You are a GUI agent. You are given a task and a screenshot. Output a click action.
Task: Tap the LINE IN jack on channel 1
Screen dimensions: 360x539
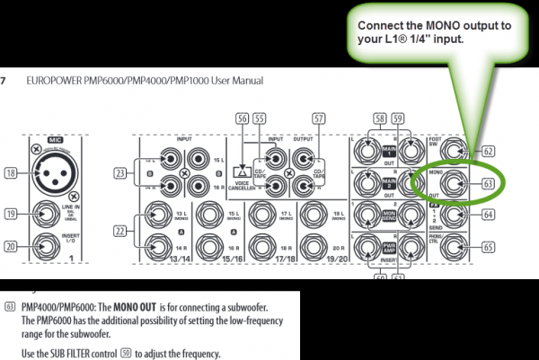pyautogui.click(x=53, y=215)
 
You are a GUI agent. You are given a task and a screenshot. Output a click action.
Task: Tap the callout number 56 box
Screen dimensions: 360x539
pyautogui.click(x=242, y=118)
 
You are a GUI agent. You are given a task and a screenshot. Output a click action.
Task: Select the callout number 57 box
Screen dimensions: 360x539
pyautogui.click(x=319, y=118)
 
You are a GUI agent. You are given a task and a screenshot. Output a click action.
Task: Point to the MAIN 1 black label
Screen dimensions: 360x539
pyautogui.click(x=389, y=153)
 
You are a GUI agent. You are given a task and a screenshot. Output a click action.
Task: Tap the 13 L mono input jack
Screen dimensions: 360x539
pyautogui.click(x=163, y=215)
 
